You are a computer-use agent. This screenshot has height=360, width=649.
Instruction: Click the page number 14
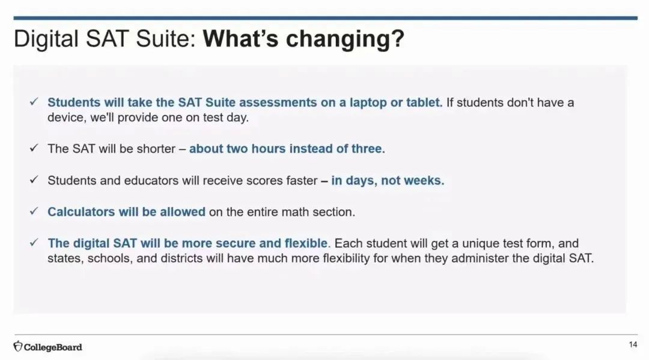(x=633, y=345)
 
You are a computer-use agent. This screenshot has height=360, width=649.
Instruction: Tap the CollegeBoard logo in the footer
(x=47, y=347)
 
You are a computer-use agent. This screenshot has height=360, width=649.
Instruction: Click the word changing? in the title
(x=345, y=40)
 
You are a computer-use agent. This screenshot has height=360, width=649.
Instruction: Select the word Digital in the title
(x=46, y=40)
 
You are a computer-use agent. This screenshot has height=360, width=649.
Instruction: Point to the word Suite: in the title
(x=166, y=39)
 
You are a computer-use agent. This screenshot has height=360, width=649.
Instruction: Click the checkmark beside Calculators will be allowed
(x=34, y=211)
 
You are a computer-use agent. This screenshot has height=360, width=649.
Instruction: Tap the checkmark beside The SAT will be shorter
(x=34, y=148)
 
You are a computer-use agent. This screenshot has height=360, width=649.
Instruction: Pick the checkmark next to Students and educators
(x=34, y=180)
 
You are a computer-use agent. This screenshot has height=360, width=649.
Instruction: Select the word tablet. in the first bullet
(x=424, y=102)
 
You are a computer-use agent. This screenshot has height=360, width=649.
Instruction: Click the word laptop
(x=368, y=103)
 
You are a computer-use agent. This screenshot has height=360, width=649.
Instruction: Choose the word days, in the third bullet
(x=361, y=181)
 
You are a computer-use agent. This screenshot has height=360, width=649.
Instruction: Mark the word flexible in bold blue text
(x=306, y=243)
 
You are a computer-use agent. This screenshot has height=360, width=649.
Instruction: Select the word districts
(x=184, y=258)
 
